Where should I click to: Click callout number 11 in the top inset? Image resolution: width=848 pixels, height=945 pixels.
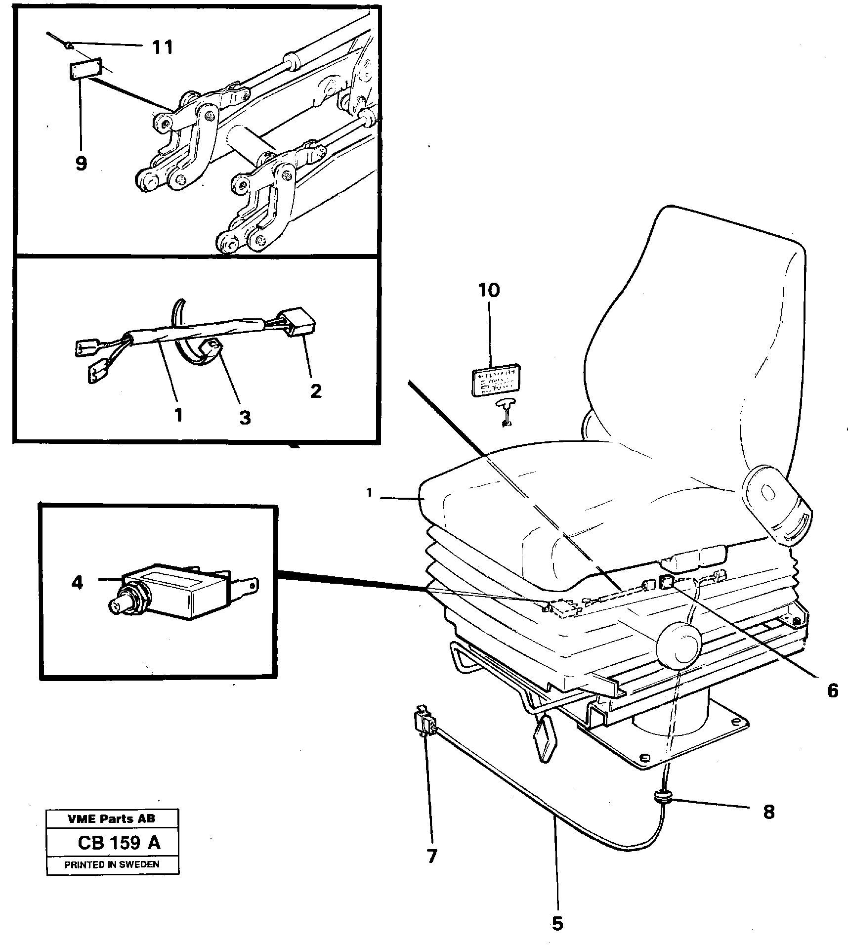[163, 47]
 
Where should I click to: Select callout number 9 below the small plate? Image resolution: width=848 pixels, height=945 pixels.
[81, 163]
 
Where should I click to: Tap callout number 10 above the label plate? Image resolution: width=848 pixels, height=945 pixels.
[489, 290]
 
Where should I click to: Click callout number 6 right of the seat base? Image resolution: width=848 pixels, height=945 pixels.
[832, 690]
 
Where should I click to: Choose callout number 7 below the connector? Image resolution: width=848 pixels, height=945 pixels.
[432, 856]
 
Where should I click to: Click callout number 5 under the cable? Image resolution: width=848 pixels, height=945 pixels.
[557, 923]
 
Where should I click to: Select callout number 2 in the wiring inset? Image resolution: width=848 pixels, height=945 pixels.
[316, 391]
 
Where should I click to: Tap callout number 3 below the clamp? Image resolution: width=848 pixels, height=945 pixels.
[245, 418]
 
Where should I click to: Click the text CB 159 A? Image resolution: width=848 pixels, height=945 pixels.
[119, 842]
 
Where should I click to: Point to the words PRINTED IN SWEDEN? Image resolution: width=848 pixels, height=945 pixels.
[112, 865]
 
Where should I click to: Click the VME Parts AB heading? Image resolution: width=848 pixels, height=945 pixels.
[112, 818]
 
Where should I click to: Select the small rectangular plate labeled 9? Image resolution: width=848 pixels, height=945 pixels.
[85, 69]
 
